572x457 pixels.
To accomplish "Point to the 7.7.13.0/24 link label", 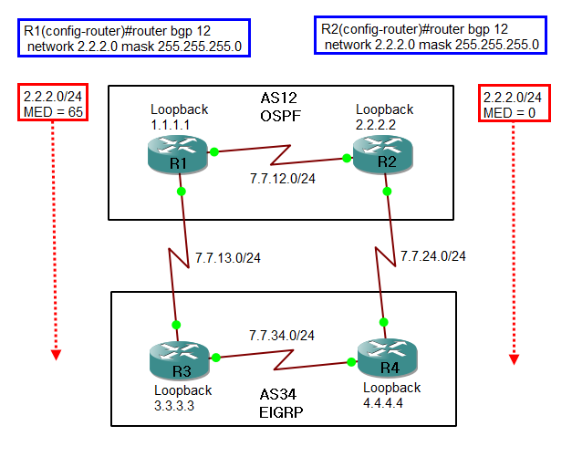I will coord(228,258).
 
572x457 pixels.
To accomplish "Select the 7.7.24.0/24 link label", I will coord(433,255).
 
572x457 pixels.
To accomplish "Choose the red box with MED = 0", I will coord(513,104).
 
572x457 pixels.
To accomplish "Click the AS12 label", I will coord(279,97).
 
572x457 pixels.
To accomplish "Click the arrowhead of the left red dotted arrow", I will coord(55,355).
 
